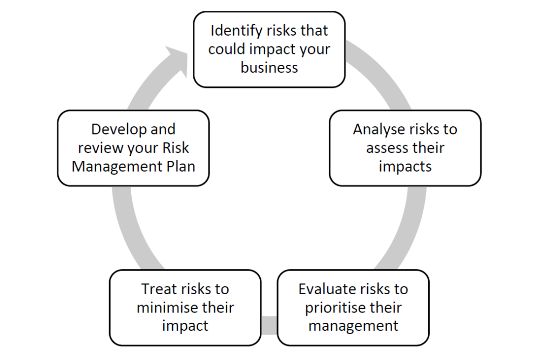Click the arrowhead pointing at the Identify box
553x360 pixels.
pyautogui.click(x=177, y=59)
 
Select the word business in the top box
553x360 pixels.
pyautogui.click(x=269, y=67)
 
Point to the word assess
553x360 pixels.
pyautogui.click(x=386, y=148)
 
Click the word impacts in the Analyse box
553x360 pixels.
pyautogui.click(x=405, y=167)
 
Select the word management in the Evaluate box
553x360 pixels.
pyautogui.click(x=353, y=326)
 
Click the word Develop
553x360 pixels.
pyautogui.click(x=119, y=130)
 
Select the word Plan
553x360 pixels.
pyautogui.click(x=181, y=166)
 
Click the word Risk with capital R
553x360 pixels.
pyautogui.click(x=176, y=148)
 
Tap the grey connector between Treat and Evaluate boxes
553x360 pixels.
pyautogui.click(x=269, y=325)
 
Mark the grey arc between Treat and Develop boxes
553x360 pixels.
pyautogui.click(x=131, y=229)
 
